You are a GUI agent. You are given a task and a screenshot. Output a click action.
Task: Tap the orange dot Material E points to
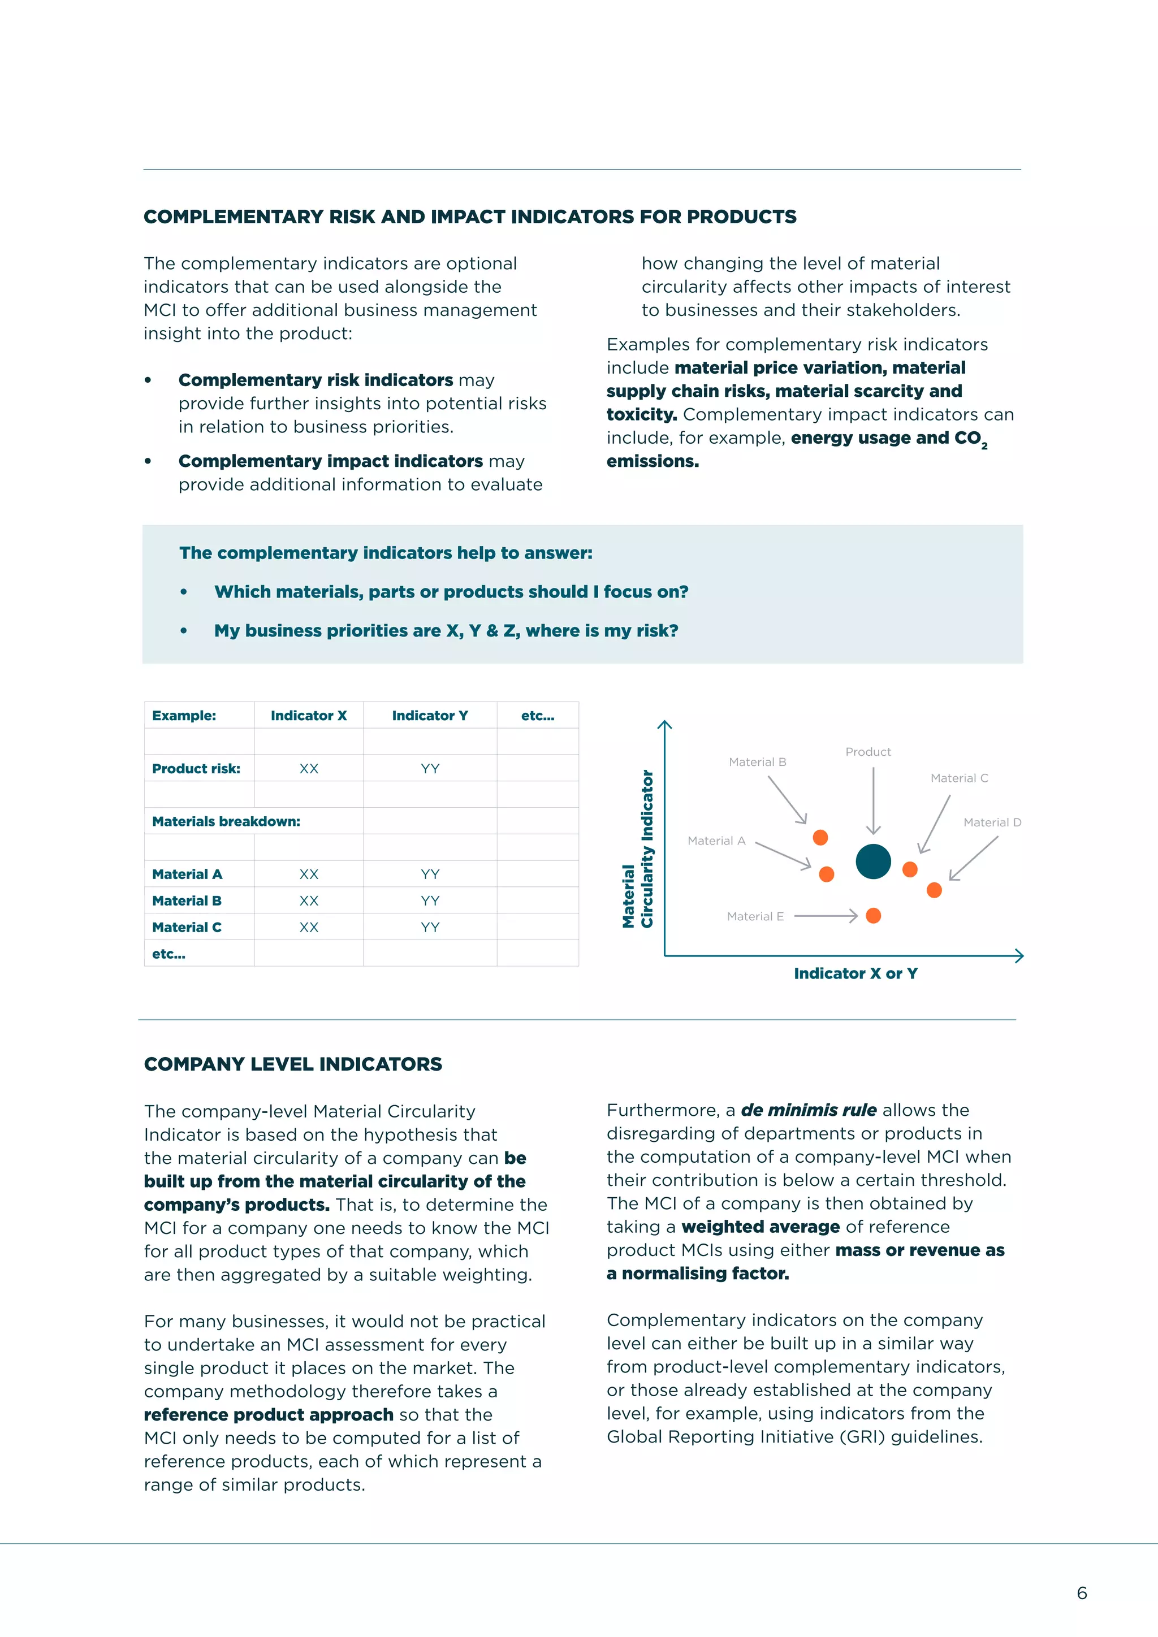point(873,916)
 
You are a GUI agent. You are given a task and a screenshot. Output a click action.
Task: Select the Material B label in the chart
point(757,762)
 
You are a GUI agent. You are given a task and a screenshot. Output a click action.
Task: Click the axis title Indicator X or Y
point(855,973)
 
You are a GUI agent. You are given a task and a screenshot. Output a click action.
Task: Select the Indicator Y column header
point(429,715)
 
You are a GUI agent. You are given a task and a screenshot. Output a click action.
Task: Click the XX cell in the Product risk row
point(308,769)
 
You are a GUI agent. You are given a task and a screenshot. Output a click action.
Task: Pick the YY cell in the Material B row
point(429,900)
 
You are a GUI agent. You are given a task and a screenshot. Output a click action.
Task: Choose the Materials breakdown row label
point(226,821)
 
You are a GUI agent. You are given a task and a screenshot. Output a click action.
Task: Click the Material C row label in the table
point(186,927)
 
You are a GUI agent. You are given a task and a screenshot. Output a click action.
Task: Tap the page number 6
point(1082,1593)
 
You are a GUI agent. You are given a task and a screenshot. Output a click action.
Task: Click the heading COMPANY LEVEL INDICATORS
point(292,1064)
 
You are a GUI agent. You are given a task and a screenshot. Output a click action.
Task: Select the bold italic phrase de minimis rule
point(808,1110)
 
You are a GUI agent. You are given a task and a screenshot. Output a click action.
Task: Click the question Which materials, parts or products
point(451,592)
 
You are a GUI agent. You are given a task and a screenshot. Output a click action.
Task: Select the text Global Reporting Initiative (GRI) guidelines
point(794,1437)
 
